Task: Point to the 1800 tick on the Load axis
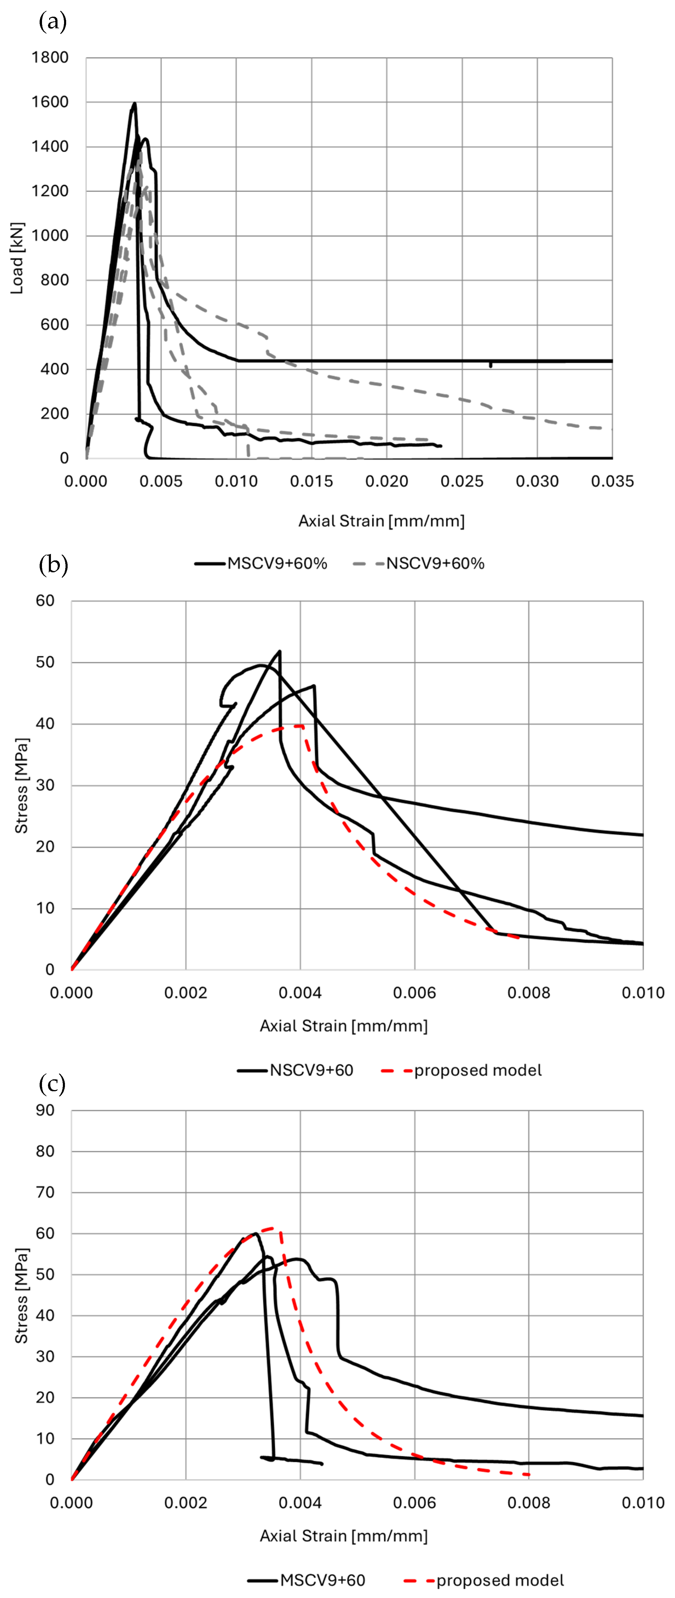(50, 58)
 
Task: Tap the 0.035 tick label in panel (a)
(612, 481)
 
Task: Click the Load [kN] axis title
(17, 258)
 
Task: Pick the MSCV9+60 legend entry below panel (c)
(307, 1580)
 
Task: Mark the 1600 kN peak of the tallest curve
(134, 103)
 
